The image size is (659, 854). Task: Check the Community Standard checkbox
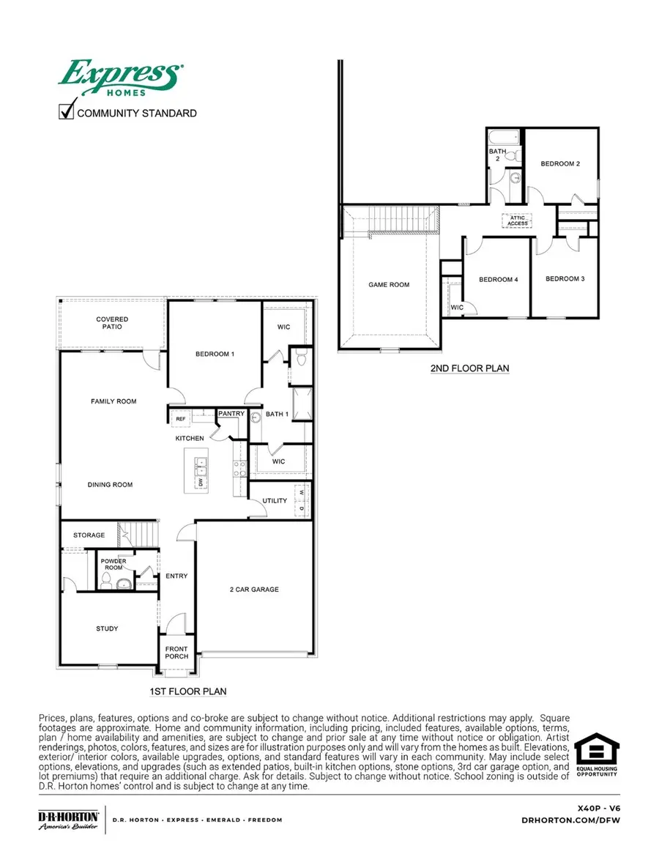(67, 112)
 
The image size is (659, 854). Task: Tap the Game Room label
(388, 285)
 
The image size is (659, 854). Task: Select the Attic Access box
(517, 220)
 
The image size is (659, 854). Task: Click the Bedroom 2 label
(560, 164)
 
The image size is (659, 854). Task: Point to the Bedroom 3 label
(565, 278)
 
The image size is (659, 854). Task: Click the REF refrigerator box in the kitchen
(180, 418)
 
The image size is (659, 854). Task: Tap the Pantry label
(231, 414)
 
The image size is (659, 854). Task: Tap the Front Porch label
(176, 652)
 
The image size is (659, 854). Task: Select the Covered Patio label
(112, 323)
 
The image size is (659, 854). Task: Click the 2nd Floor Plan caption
(469, 368)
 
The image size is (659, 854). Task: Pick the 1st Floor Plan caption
(187, 691)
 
